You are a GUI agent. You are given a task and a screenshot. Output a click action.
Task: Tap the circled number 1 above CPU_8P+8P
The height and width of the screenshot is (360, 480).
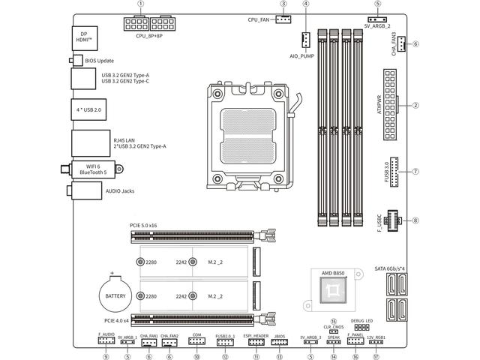click(141, 4)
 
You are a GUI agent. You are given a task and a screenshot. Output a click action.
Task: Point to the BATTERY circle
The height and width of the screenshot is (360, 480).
click(115, 295)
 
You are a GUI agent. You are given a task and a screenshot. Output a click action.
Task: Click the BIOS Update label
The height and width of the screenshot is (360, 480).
click(98, 60)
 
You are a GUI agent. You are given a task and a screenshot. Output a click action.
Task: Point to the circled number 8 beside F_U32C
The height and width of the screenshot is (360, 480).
click(415, 220)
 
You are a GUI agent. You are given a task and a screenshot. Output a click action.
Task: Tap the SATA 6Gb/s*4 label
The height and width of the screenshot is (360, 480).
click(391, 268)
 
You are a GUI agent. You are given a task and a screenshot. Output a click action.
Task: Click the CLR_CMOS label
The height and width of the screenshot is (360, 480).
click(334, 326)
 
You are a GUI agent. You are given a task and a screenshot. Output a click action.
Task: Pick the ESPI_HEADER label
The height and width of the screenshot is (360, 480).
click(256, 335)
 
